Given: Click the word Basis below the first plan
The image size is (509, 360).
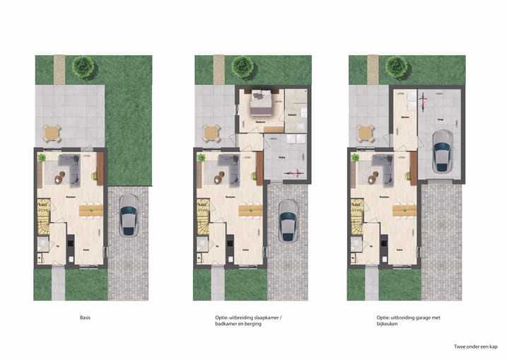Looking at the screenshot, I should click(x=86, y=318).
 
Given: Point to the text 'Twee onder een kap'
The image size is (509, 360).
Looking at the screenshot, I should click(x=476, y=347).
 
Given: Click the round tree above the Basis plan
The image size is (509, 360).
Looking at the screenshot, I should click(x=83, y=66).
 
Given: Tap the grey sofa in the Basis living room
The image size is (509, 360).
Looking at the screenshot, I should click(x=68, y=168).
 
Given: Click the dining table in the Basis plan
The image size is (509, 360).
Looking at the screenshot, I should click(x=92, y=209).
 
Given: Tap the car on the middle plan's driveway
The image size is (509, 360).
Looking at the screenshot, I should click(x=288, y=221).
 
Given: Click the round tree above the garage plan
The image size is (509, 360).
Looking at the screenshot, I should click(x=396, y=68).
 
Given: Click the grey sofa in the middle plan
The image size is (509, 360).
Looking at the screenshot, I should click(x=227, y=168).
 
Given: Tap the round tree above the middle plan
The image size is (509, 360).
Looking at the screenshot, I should click(x=242, y=66).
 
